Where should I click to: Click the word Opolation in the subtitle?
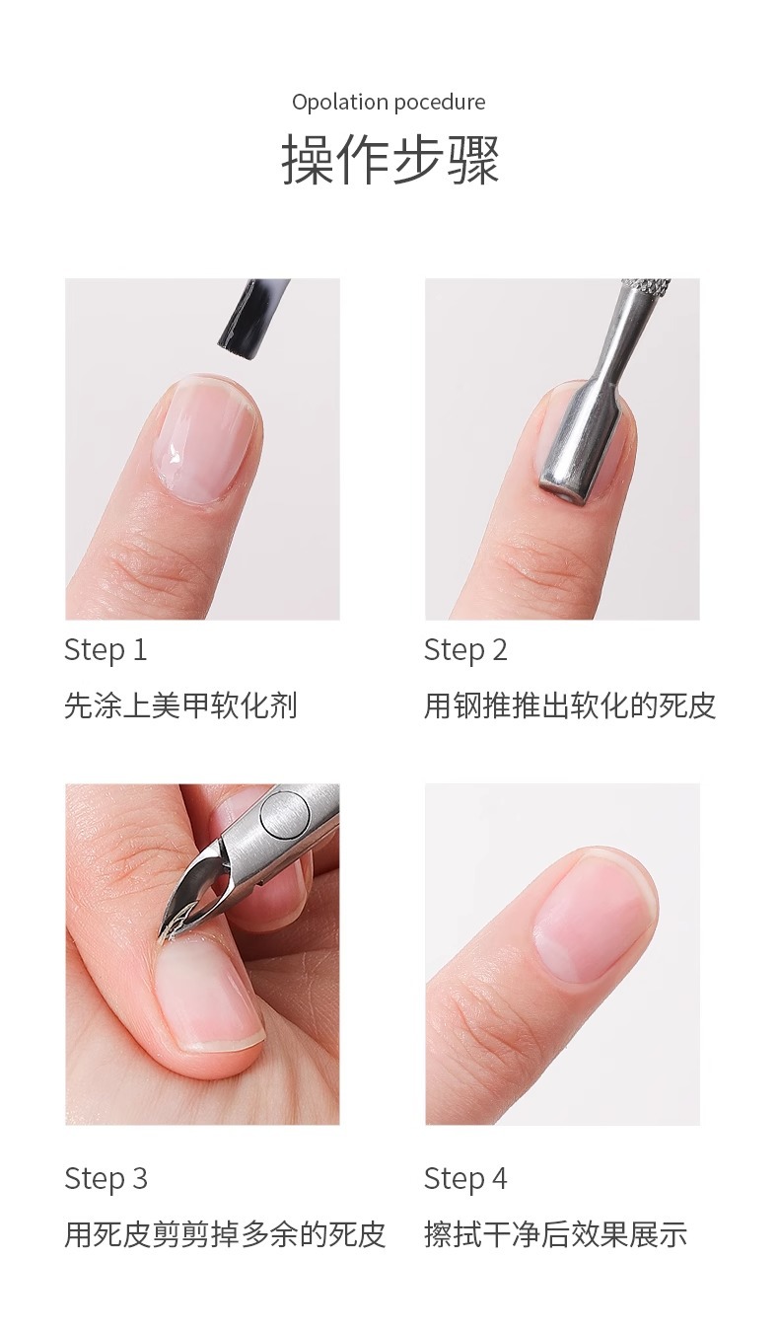tap(340, 103)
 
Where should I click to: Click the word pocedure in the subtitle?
tap(441, 103)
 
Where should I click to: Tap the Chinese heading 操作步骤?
tap(389, 160)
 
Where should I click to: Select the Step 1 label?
tap(106, 650)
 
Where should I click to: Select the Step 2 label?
tap(465, 650)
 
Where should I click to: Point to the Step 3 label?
tap(106, 1178)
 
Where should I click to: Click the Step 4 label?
tap(465, 1178)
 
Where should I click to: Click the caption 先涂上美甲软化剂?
tap(180, 705)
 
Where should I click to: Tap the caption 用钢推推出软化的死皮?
tap(570, 705)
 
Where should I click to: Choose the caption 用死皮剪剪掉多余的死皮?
tap(225, 1234)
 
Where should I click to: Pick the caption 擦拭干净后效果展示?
tap(555, 1234)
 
